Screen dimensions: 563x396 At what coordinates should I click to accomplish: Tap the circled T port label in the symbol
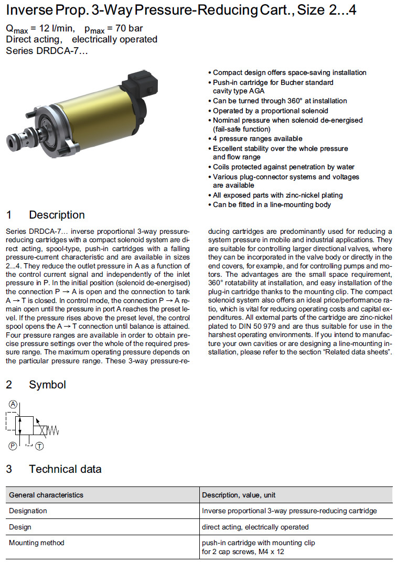pyautogui.click(x=39, y=446)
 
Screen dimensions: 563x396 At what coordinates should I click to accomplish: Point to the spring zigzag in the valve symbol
pyautogui.click(x=54, y=430)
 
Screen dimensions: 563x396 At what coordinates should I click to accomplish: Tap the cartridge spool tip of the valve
pyautogui.click(x=14, y=140)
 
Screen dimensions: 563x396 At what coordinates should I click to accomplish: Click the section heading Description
pyautogui.click(x=57, y=215)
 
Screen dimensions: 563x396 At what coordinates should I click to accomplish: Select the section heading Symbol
pyautogui.click(x=47, y=385)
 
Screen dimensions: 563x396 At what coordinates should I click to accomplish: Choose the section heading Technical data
pyautogui.click(x=65, y=469)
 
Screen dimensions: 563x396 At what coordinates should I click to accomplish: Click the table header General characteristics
pyautogui.click(x=46, y=495)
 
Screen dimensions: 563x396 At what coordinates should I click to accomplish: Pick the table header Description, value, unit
pyautogui.click(x=239, y=495)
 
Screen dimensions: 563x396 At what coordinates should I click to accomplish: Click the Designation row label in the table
pyautogui.click(x=28, y=511)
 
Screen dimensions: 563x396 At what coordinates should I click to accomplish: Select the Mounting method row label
pyautogui.click(x=36, y=543)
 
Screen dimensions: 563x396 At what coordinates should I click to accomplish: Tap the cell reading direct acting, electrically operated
pyautogui.click(x=255, y=527)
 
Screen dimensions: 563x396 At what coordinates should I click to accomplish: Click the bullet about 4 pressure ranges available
pyautogui.click(x=258, y=139)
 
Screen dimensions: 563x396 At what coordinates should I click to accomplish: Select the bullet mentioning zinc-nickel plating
pyautogui.click(x=277, y=195)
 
